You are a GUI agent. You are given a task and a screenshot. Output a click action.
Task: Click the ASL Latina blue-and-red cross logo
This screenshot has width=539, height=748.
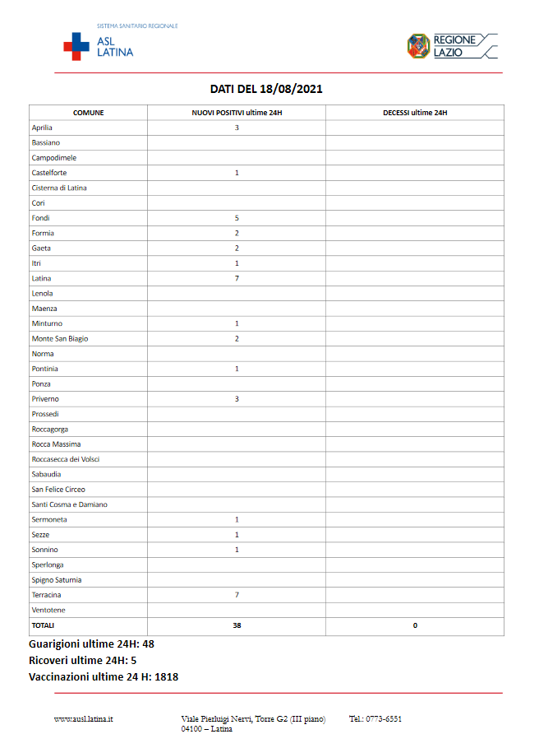click(x=77, y=46)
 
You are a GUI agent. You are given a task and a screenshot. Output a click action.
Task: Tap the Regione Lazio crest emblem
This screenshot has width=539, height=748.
click(x=418, y=45)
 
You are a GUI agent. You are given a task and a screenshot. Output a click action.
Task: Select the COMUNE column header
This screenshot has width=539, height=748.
click(x=88, y=113)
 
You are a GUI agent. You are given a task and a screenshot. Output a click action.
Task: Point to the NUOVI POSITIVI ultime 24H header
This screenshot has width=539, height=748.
click(x=237, y=113)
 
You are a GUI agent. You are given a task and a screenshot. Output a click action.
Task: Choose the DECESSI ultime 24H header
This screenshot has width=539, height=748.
click(x=415, y=113)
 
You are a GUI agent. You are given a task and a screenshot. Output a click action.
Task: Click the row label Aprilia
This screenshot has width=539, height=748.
click(x=42, y=128)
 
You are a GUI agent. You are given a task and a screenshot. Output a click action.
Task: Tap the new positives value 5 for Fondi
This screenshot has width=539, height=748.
click(x=237, y=218)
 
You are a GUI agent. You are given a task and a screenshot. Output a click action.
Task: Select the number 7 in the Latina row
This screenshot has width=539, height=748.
click(x=237, y=278)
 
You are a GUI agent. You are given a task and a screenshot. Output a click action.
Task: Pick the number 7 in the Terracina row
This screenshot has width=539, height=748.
click(x=237, y=594)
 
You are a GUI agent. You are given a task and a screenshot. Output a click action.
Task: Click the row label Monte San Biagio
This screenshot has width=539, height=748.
click(x=60, y=338)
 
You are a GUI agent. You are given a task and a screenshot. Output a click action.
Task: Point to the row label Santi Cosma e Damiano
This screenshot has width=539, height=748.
click(x=69, y=504)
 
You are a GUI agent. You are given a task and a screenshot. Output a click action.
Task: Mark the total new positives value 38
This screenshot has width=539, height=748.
click(x=237, y=625)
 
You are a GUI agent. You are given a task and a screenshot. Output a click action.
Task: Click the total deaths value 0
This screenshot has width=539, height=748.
click(x=415, y=625)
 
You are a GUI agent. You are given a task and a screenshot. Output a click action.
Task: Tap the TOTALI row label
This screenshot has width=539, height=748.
click(x=43, y=625)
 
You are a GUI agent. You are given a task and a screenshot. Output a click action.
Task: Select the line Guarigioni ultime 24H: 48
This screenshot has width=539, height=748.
click(x=91, y=644)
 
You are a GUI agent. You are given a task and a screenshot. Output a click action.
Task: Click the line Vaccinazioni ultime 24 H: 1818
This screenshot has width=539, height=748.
click(x=104, y=677)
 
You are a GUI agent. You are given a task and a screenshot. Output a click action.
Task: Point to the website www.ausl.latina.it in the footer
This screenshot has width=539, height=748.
click(x=84, y=719)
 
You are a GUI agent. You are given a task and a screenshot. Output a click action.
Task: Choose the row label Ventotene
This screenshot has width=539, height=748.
click(x=48, y=610)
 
